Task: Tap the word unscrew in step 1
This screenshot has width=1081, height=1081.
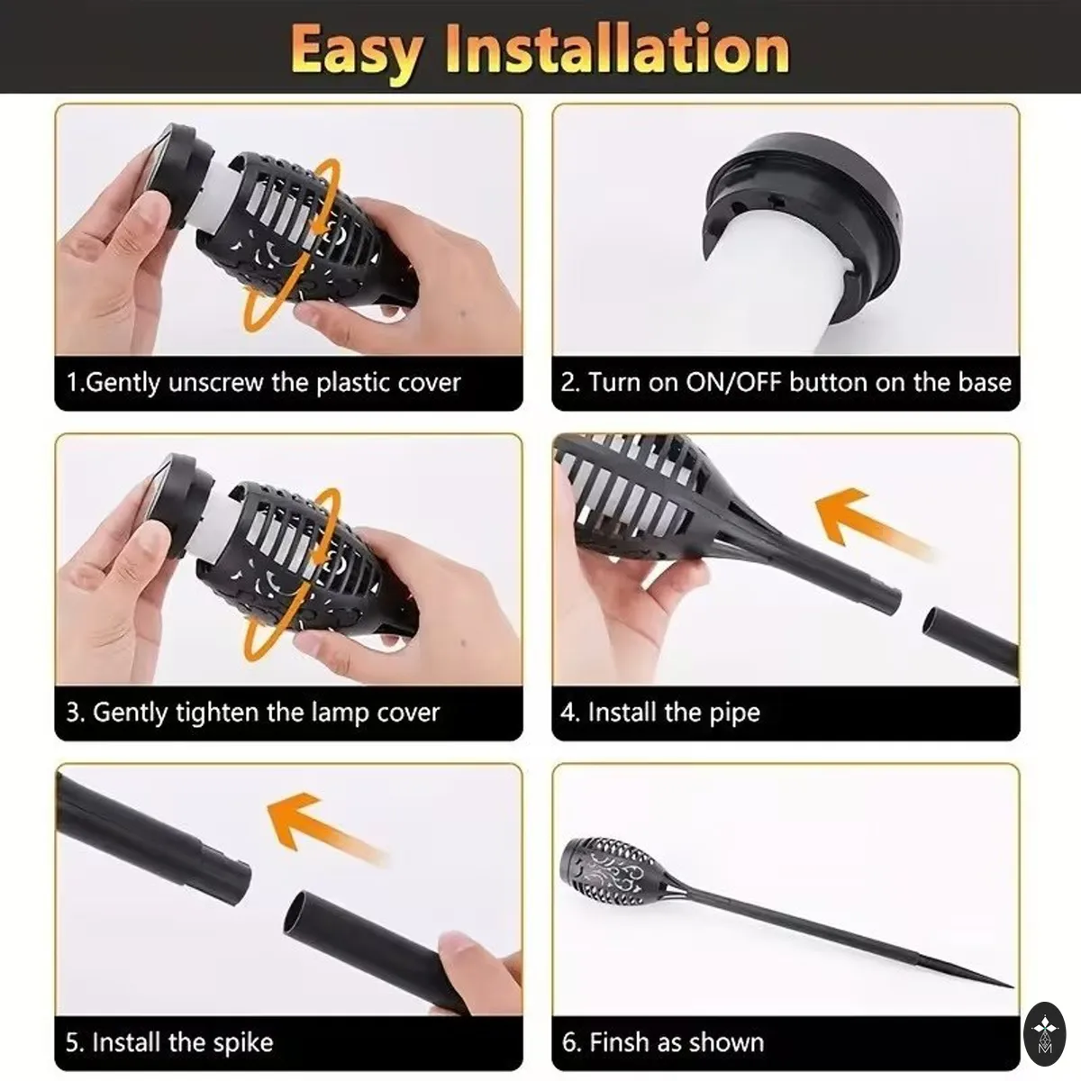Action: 215,383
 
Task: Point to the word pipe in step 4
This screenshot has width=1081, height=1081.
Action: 735,713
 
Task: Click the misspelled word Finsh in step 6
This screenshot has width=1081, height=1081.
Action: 619,1042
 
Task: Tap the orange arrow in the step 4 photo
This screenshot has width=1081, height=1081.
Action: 867,522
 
